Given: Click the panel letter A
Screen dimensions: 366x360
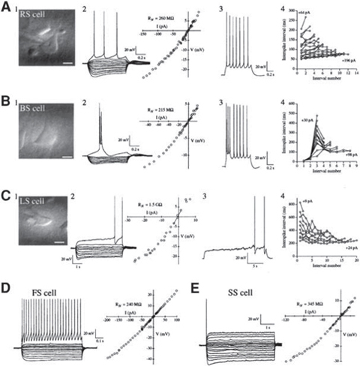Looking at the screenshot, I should tap(6, 7).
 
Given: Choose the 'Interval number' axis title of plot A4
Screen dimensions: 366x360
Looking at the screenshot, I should tap(316, 85).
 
